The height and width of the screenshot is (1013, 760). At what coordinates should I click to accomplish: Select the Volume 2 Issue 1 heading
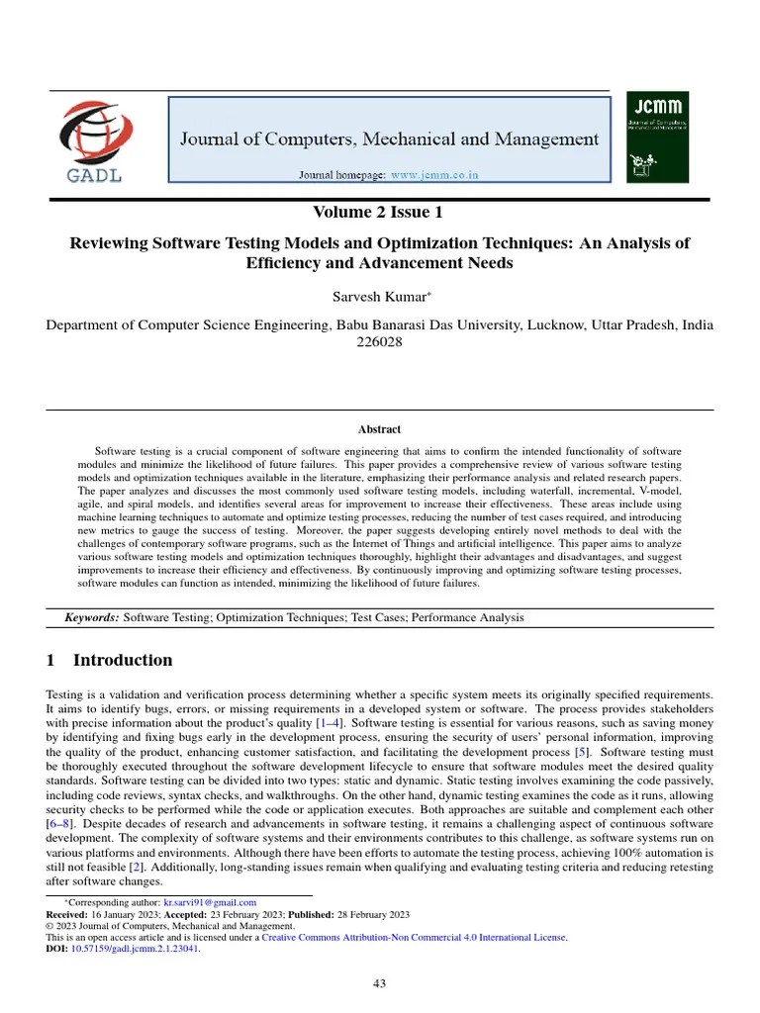pos(379,213)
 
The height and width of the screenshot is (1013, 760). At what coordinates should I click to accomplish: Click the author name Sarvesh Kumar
pos(377,297)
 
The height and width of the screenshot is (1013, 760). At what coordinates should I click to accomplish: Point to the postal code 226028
pos(380,342)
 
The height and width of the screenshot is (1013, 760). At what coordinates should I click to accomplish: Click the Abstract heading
pos(379,429)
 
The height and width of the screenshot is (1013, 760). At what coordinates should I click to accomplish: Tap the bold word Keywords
pos(91,617)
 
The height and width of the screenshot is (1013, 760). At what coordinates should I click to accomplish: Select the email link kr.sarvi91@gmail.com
pos(210,902)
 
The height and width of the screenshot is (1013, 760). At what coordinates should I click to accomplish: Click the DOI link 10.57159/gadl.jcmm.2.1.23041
pos(136,947)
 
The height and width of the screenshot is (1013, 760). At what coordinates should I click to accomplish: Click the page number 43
pos(380,982)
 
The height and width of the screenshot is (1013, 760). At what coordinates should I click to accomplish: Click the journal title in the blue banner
pos(389,138)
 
